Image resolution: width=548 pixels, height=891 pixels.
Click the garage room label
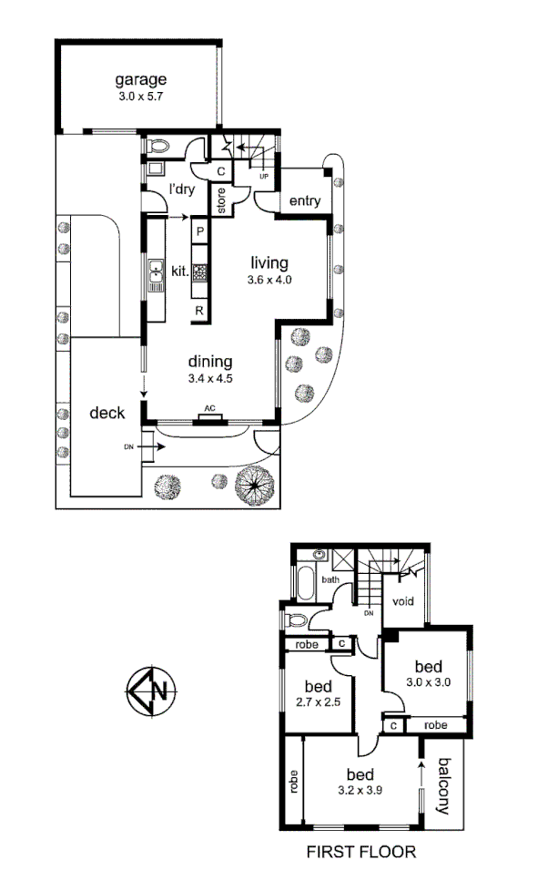tap(140, 78)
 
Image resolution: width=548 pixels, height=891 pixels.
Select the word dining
tap(211, 361)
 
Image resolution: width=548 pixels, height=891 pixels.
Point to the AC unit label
tap(208, 410)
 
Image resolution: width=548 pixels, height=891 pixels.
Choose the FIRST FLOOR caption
tap(360, 853)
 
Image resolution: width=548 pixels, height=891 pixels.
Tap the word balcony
tap(445, 786)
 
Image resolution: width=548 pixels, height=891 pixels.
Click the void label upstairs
tap(404, 601)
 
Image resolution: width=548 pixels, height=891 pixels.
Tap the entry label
tap(304, 201)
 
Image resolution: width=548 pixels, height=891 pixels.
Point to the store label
tap(220, 200)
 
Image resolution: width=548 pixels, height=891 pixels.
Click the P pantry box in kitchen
tap(199, 232)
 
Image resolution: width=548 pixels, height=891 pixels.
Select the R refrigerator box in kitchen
tap(199, 311)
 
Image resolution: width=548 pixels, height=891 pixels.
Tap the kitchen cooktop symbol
tap(199, 271)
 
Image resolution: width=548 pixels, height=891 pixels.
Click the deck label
tap(107, 412)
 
